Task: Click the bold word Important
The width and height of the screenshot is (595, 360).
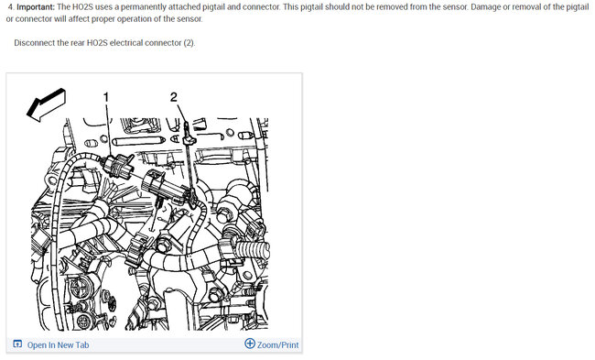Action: pos(37,6)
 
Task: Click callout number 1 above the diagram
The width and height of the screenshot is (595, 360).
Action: pos(106,96)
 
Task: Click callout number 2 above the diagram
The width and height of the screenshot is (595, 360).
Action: pos(174,96)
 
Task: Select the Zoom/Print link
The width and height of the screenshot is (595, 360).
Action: pos(278,344)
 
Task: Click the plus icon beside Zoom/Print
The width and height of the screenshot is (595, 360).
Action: pos(250,344)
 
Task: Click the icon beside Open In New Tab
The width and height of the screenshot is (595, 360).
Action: pos(17,344)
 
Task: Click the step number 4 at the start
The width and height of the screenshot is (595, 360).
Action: pos(9,6)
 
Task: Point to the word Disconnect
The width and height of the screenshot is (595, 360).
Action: pos(36,43)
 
